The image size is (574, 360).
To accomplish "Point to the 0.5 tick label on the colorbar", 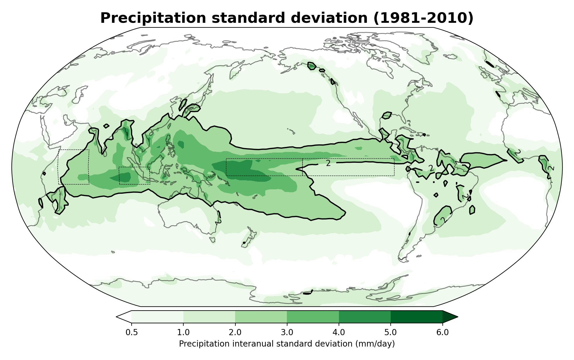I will [132, 333].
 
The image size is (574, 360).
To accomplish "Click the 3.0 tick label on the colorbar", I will [287, 333].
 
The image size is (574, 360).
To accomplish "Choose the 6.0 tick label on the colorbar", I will [442, 333].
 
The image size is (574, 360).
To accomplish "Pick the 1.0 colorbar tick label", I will [183, 333].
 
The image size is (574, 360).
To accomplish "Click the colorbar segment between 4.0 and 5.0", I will [365, 317].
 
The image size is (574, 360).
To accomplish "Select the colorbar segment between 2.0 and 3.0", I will [261, 317].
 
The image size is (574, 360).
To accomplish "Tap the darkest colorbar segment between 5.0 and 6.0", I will [416, 317].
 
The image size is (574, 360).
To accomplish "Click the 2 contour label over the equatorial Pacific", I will [328, 163].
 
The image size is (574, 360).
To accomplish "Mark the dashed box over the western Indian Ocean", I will [74, 167].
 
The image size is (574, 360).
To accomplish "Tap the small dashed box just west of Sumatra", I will [135, 175].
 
